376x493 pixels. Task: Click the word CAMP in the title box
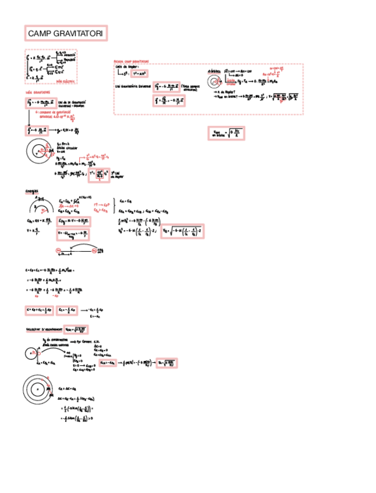[x=40, y=35]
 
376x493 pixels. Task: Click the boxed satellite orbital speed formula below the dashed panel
[x=226, y=134]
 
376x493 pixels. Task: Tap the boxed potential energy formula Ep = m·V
[x=74, y=222]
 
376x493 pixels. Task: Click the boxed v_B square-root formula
[x=182, y=231]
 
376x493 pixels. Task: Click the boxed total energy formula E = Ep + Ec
[x=40, y=310]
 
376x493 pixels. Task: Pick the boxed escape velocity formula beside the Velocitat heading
[x=75, y=329]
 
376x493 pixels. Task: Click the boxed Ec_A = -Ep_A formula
[x=108, y=363]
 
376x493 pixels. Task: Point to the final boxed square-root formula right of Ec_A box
[x=166, y=363]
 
